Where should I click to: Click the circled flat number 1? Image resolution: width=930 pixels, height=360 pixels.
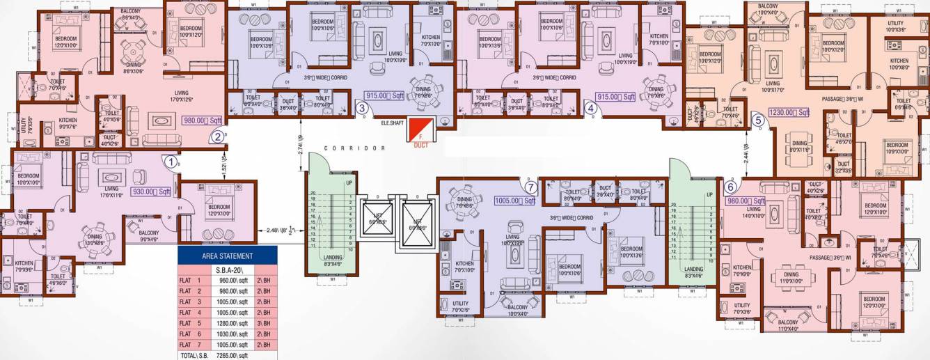click(170, 161)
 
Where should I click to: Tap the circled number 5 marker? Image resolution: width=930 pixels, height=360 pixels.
click(758, 120)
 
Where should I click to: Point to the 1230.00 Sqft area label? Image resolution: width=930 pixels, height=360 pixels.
click(789, 112)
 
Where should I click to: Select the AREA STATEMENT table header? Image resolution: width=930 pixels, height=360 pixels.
click(228, 256)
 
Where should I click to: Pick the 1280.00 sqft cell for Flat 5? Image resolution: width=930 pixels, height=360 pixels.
click(232, 323)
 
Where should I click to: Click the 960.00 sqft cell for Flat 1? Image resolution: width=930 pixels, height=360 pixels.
click(232, 281)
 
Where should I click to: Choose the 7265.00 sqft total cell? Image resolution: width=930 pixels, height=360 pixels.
click(232, 355)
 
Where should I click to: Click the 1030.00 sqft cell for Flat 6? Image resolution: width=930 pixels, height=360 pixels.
click(232, 334)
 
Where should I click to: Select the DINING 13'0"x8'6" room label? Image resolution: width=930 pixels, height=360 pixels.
click(95, 240)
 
